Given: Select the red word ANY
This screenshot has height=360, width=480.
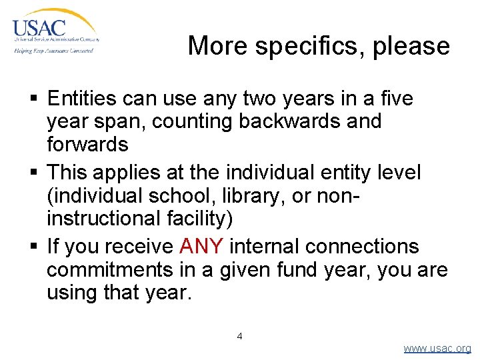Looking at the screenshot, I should coord(201,247).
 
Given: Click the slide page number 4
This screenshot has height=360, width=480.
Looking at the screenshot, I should coord(240,336).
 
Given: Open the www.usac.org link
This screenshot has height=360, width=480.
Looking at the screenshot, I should coord(437,349).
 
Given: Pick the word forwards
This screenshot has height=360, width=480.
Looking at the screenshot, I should coord(87,143).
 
